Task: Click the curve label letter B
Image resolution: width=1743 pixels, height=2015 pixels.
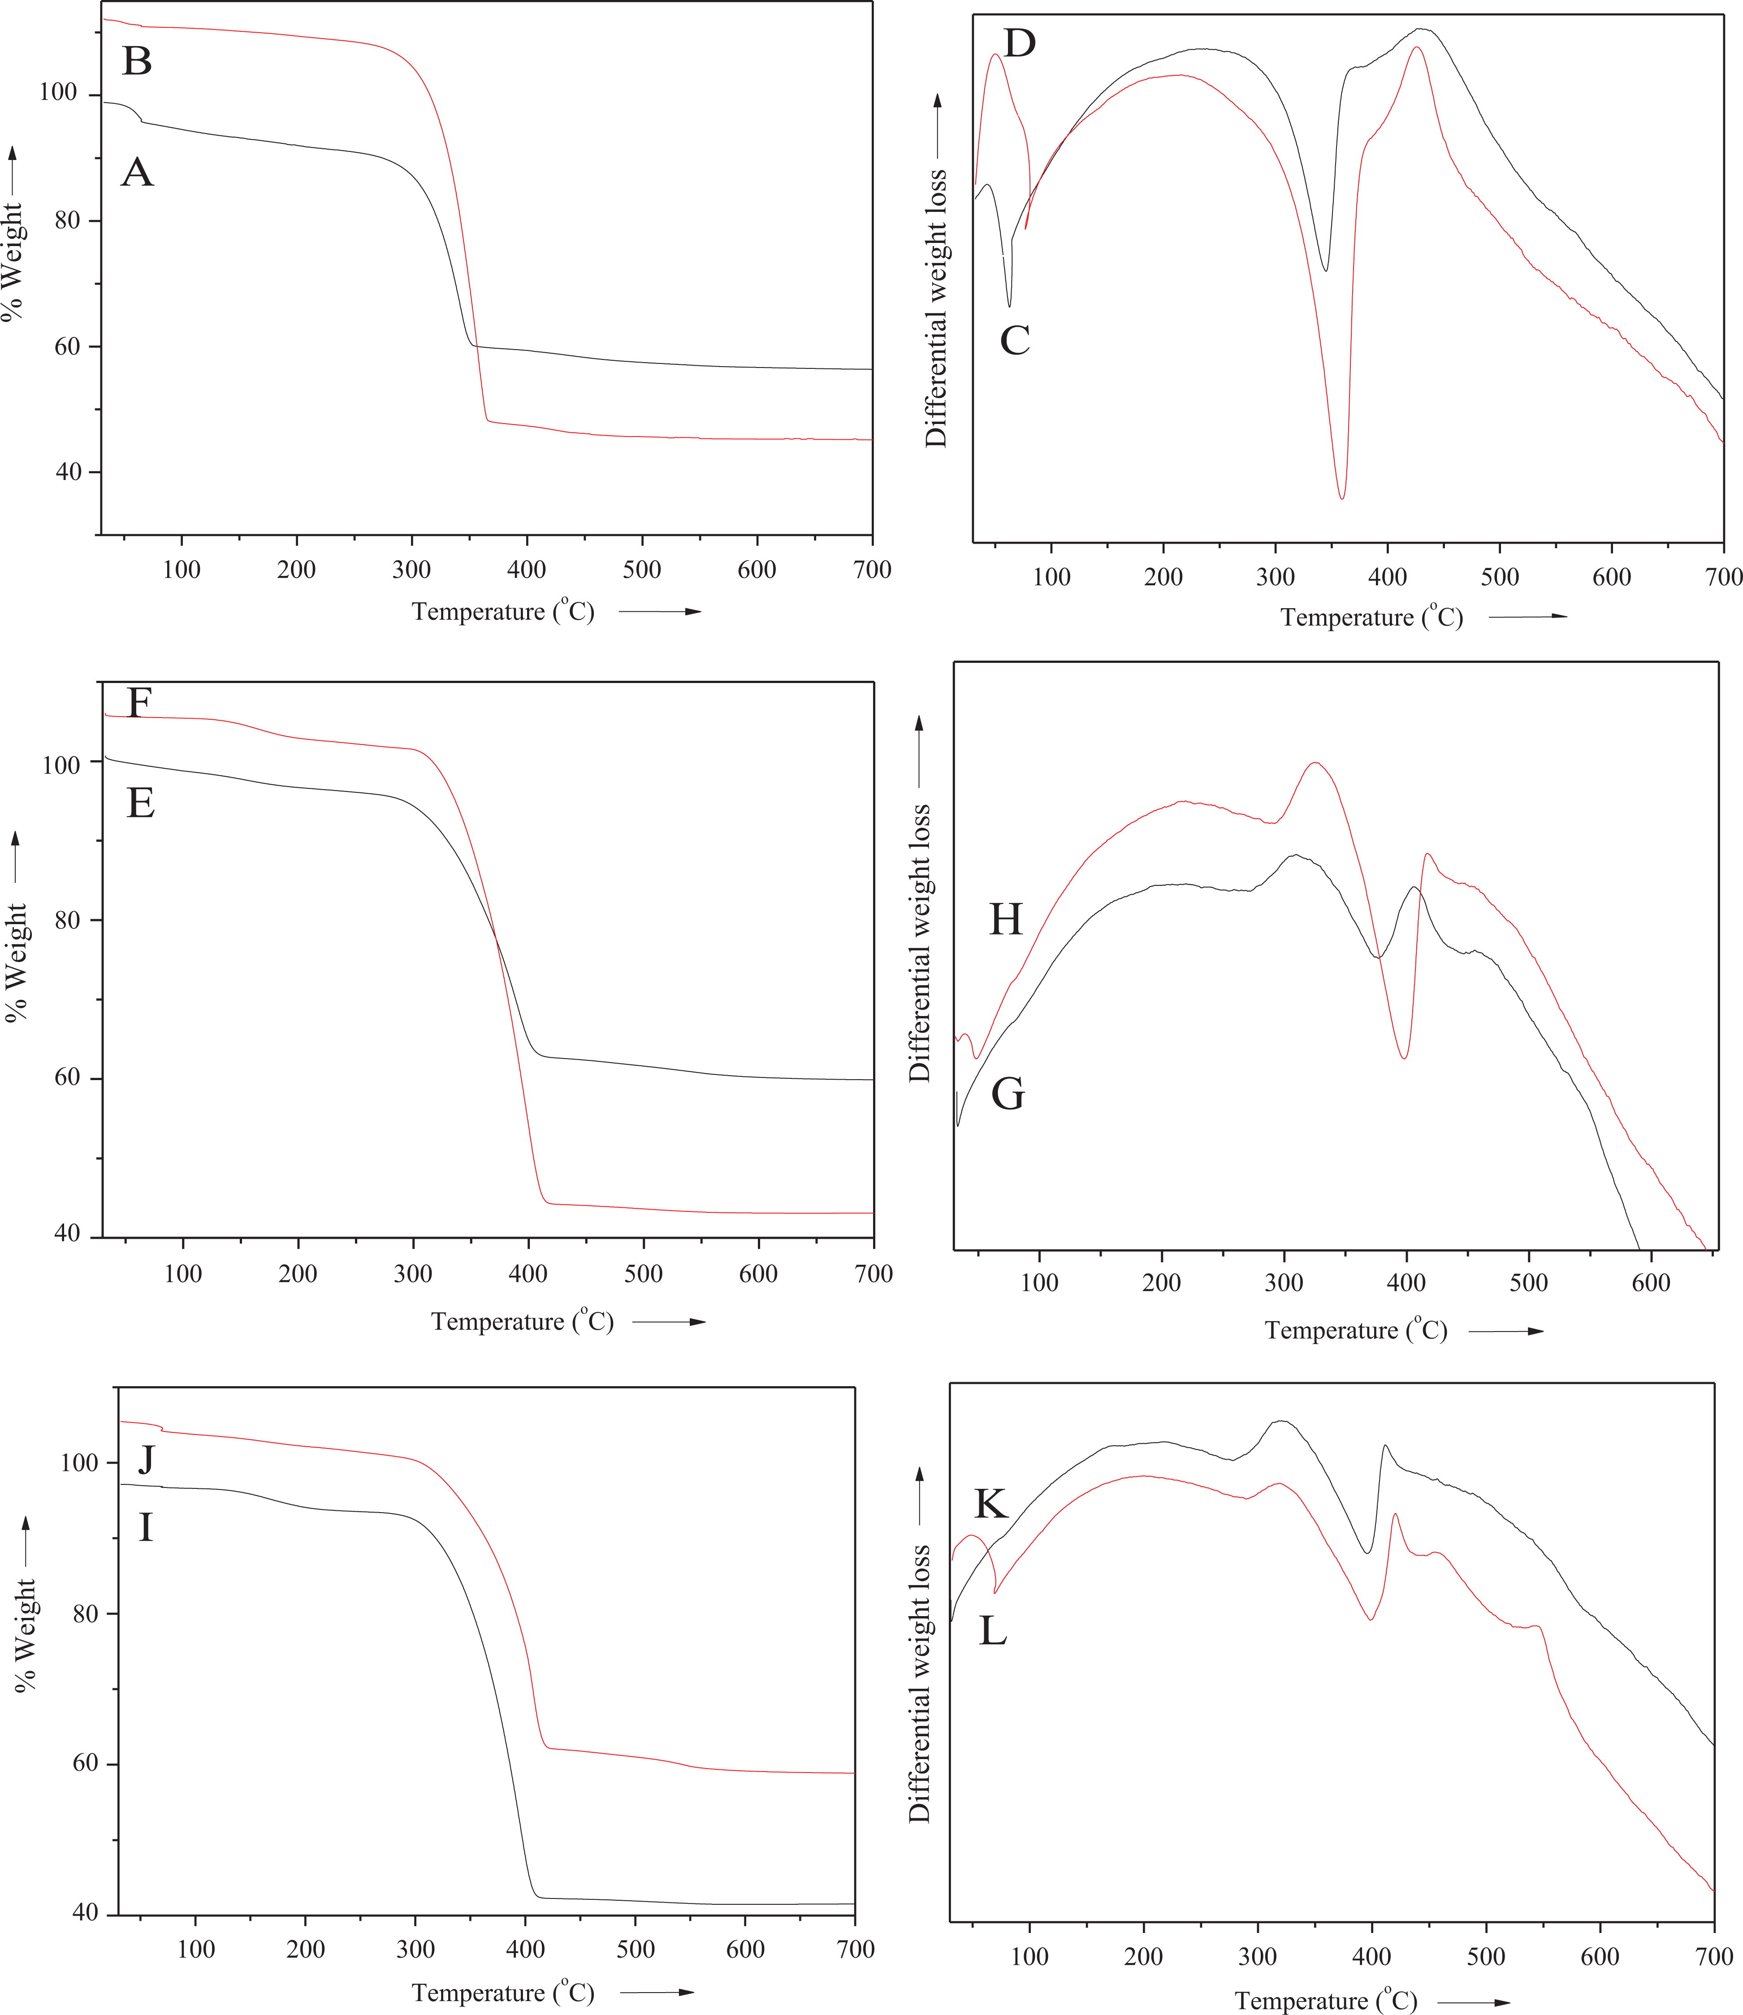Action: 137,61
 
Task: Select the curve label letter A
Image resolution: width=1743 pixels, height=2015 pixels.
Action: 137,173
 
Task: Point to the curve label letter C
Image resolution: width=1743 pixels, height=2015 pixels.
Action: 1015,340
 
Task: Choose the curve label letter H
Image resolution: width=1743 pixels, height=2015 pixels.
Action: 1006,919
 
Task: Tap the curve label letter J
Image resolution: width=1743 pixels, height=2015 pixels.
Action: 146,1459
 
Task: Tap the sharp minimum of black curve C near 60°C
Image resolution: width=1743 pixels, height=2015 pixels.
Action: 1010,307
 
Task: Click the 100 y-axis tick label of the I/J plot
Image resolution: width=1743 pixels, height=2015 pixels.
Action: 80,1463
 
